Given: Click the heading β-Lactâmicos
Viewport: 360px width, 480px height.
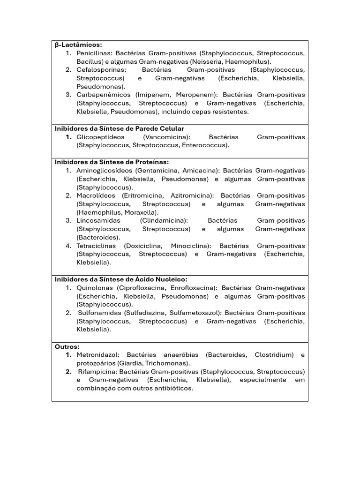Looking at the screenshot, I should tap(78, 45).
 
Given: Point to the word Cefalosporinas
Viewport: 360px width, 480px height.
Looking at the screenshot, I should tap(98, 70).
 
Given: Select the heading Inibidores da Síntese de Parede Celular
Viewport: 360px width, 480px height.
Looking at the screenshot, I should tap(120, 128).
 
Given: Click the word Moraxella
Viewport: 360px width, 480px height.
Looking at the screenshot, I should tap(141, 212).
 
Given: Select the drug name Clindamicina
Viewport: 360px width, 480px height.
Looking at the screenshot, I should tap(164, 220).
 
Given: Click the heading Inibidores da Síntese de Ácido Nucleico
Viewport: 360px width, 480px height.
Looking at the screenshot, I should tap(121, 279).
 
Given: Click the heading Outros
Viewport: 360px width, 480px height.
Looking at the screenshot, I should tap(67, 346).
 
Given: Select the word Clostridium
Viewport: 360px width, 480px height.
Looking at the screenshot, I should tap(274, 355).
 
